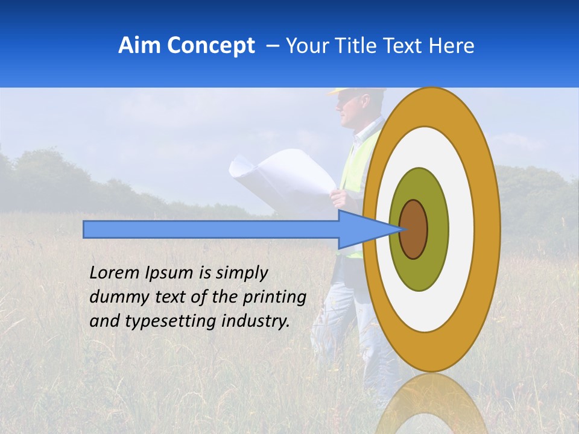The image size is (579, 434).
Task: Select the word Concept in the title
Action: pyautogui.click(x=210, y=46)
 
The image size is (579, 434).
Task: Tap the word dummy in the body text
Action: pyautogui.click(x=114, y=297)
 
